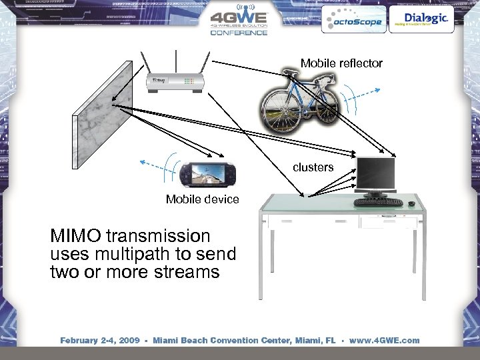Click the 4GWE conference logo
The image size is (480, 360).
coord(239,21)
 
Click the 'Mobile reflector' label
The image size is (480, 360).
coord(341,63)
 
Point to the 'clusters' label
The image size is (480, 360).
coord(313,167)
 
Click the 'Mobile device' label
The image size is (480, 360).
coord(202,199)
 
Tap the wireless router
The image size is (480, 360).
coord(175,81)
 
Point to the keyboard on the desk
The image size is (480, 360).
coord(378,202)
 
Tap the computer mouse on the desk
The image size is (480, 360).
coord(411,203)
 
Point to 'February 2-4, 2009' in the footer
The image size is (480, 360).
coord(99,340)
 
